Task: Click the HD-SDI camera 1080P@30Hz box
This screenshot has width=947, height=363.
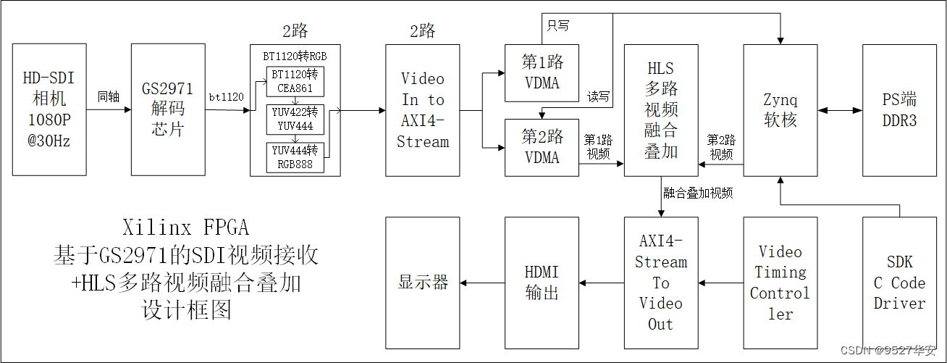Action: tap(50, 109)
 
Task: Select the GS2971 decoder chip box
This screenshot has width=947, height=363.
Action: tap(168, 109)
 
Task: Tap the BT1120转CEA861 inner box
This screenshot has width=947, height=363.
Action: tap(295, 82)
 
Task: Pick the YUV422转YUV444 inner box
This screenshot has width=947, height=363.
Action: tap(295, 120)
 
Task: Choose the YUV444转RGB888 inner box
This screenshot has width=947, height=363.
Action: tap(295, 157)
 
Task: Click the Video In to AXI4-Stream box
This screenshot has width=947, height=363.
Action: tap(423, 109)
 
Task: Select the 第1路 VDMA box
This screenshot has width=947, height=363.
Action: tap(542, 73)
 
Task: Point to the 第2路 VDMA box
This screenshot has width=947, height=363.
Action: tap(542, 148)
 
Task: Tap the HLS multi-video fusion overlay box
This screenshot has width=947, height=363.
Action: tap(661, 109)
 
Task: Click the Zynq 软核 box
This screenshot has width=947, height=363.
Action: tap(780, 109)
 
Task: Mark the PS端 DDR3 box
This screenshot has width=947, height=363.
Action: tap(899, 109)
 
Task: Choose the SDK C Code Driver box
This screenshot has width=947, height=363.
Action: tap(899, 283)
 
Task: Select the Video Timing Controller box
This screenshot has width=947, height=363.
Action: tap(780, 283)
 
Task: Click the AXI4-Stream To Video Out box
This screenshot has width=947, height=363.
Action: tap(660, 283)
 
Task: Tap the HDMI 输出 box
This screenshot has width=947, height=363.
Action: tap(542, 283)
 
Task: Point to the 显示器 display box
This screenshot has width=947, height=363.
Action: tap(423, 283)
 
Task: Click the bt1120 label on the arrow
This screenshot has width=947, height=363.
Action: tap(227, 96)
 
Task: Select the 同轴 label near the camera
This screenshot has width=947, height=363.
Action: tap(109, 96)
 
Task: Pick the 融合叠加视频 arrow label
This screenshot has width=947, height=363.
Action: tap(698, 193)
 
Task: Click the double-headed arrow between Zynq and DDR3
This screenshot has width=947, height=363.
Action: tap(840, 111)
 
